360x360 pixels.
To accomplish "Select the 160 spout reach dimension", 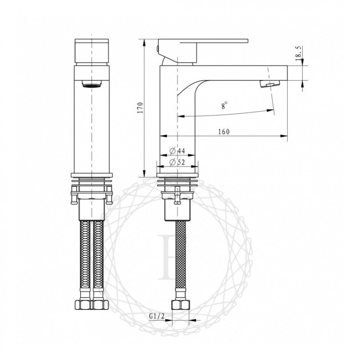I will (223, 132).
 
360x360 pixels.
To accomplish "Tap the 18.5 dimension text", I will (298, 53).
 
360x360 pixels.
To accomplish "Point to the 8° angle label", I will (224, 106).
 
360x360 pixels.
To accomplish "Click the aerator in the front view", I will (91, 85).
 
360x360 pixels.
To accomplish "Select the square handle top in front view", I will (91, 51).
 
